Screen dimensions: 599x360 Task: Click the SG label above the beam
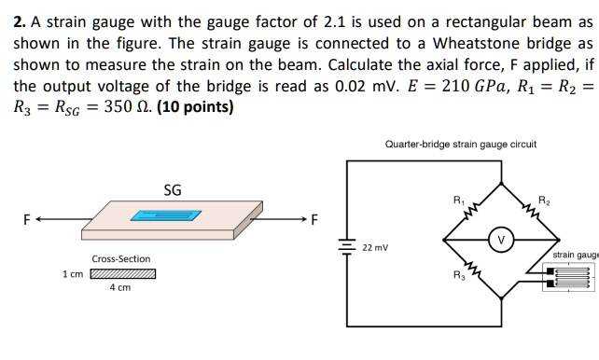173,189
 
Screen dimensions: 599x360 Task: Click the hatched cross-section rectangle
122,274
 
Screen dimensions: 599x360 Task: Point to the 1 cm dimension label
72,274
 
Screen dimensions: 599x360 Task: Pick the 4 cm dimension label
119,289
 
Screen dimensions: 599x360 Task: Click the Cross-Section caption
120,258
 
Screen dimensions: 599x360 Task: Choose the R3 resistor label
457,275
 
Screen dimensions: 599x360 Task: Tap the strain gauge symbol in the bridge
568,278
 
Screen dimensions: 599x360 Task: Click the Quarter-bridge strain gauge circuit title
460,145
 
